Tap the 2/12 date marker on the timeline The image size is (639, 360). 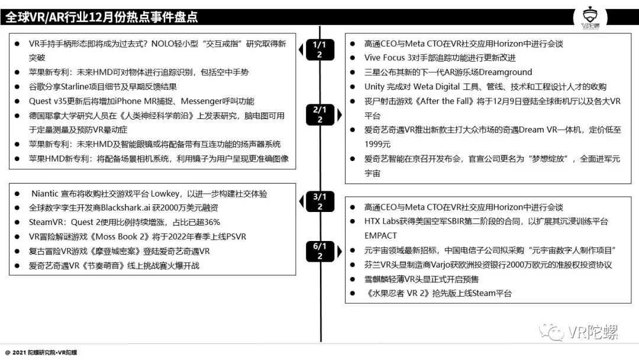point(319,114)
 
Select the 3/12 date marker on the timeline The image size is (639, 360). point(319,201)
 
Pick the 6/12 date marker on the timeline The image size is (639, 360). point(319,250)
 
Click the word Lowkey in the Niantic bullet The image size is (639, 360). point(169,194)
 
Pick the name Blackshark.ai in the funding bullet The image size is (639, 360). point(131,208)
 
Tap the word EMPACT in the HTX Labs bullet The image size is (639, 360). point(381,236)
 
